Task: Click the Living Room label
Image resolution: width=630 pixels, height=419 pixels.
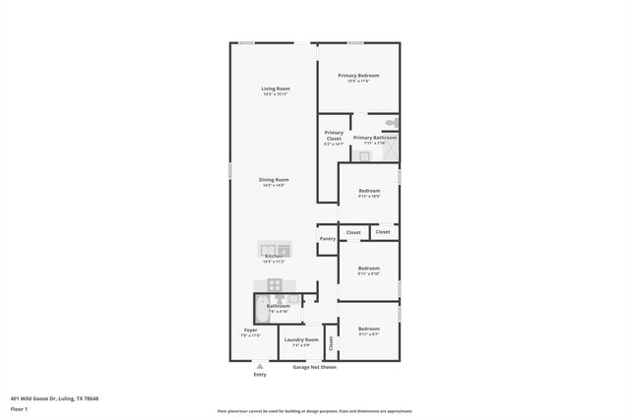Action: [275, 91]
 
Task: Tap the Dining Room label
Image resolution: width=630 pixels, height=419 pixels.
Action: [274, 181]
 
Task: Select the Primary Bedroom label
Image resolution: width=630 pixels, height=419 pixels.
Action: [358, 77]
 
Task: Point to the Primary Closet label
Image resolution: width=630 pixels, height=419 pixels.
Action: [334, 138]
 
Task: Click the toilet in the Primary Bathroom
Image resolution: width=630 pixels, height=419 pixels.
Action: [391, 123]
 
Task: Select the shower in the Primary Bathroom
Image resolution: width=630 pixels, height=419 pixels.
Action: [390, 153]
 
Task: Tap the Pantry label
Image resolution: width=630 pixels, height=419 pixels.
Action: [327, 238]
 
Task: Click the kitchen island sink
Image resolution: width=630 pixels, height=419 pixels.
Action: [274, 249]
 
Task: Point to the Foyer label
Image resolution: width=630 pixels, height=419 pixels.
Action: [251, 331]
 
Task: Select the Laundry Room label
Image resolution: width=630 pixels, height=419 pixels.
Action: [301, 341]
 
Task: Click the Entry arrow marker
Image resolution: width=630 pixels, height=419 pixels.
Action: [260, 366]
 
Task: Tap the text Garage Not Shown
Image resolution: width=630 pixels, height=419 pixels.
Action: [314, 367]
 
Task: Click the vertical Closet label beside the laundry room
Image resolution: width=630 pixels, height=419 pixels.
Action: [331, 343]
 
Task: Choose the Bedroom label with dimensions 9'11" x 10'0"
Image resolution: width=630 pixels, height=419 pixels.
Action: [369, 192]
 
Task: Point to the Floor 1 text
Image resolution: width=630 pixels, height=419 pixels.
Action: [19, 408]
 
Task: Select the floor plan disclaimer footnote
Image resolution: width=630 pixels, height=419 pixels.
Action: [314, 410]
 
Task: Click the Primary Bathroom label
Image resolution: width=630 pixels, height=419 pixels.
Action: [375, 139]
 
